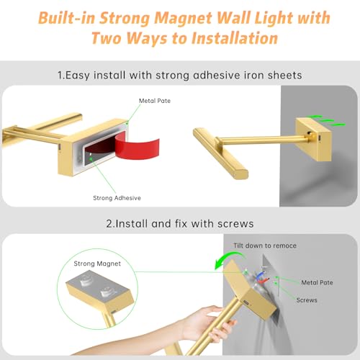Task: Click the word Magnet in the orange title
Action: click(183, 18)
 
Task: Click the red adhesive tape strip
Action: click(138, 148)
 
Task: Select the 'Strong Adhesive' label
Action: click(117, 198)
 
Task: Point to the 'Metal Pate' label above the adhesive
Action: click(155, 101)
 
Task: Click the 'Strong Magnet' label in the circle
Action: click(97, 264)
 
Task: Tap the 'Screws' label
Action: click(307, 300)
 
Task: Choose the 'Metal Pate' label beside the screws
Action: click(317, 282)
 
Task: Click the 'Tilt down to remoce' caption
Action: click(265, 246)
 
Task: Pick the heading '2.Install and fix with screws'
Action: click(180, 224)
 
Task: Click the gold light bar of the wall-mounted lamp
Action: click(220, 153)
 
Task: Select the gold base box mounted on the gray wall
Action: click(313, 139)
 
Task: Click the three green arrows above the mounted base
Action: click(327, 120)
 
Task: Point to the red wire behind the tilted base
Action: click(263, 280)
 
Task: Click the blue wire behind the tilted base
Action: click(260, 276)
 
